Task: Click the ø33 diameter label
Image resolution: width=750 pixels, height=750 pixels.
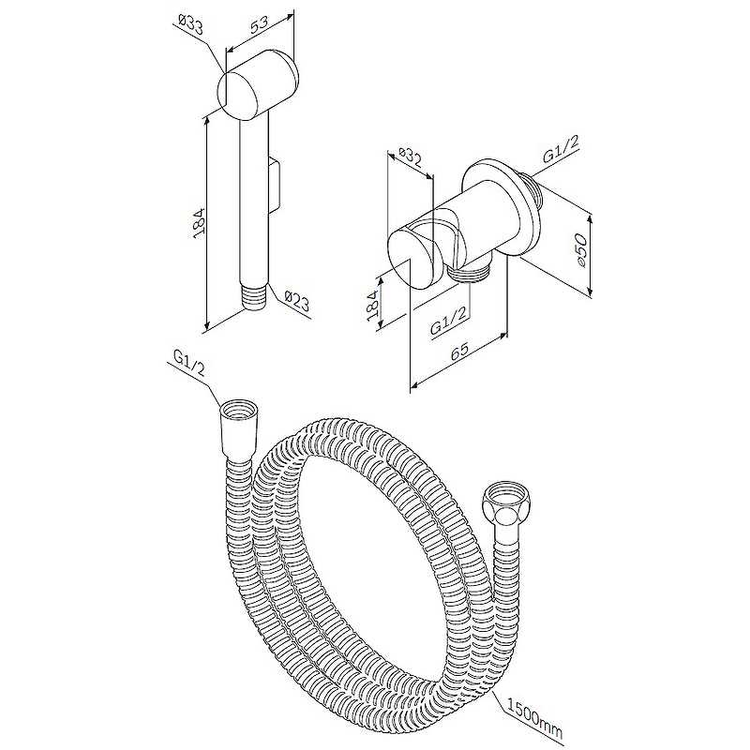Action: point(191,25)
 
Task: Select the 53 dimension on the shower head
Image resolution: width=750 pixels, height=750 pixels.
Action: point(261,24)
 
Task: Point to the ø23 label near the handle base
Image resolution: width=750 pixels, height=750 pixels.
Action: point(296,301)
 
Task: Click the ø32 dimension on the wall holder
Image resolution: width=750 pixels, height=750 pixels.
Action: point(410,157)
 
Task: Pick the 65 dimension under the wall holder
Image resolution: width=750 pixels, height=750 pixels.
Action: point(459,351)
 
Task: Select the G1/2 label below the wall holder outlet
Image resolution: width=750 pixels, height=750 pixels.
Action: point(448,322)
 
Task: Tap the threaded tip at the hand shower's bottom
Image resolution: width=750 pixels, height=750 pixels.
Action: point(253,298)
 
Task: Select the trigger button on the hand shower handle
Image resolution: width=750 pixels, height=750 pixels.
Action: point(276,184)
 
